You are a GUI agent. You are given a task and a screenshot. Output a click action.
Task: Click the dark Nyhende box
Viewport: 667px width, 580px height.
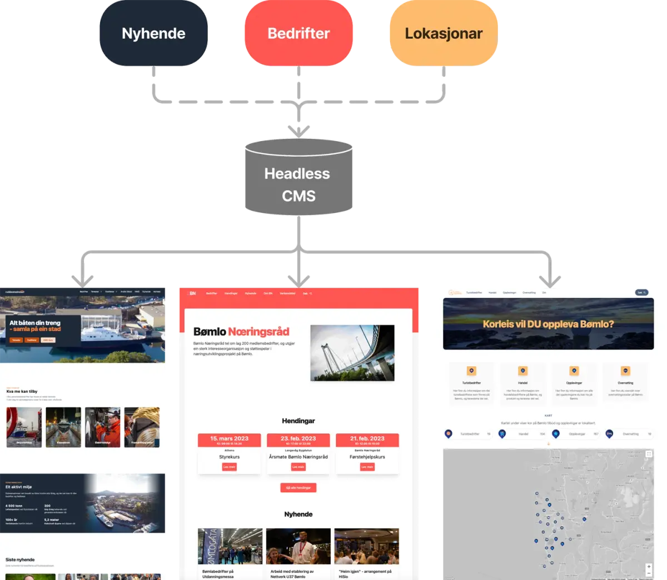(x=153, y=33)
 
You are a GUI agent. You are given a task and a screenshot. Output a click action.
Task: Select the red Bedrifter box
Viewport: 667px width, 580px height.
(x=298, y=33)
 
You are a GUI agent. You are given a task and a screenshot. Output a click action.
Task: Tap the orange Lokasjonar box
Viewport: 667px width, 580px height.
(x=444, y=33)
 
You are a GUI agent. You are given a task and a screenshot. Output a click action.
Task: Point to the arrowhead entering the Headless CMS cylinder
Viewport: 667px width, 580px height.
(x=298, y=131)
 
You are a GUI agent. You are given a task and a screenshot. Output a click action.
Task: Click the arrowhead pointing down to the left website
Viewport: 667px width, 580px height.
(x=83, y=278)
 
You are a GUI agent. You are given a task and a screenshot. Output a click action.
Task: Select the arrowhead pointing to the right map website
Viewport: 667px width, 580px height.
(x=549, y=278)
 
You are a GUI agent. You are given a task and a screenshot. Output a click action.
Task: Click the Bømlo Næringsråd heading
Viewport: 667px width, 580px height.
(x=241, y=332)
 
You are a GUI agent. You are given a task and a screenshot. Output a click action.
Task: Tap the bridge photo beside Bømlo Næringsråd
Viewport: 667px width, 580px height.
(x=352, y=353)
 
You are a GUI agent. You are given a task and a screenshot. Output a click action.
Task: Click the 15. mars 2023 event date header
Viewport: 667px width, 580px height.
(x=229, y=439)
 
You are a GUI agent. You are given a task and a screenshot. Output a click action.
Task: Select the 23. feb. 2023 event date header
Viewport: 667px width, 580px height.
(x=298, y=439)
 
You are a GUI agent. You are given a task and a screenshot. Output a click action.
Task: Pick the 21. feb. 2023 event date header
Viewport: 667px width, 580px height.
(x=367, y=439)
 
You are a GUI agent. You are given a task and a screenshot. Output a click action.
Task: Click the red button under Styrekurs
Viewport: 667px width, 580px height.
(x=229, y=467)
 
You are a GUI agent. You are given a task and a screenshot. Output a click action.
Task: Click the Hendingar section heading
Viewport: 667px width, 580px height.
(x=298, y=421)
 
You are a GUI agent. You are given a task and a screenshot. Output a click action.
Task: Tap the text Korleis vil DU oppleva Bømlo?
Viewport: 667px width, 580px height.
(x=548, y=324)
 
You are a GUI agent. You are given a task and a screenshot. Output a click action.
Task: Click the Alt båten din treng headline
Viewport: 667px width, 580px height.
(x=35, y=323)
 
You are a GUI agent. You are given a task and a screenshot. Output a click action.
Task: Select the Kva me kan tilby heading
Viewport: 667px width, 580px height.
(x=22, y=392)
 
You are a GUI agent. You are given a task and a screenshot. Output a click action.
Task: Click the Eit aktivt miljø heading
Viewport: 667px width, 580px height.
(x=18, y=487)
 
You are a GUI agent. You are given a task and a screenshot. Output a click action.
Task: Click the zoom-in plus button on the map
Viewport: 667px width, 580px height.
(x=649, y=567)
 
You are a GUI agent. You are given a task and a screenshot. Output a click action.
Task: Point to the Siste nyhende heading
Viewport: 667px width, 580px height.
(x=20, y=559)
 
